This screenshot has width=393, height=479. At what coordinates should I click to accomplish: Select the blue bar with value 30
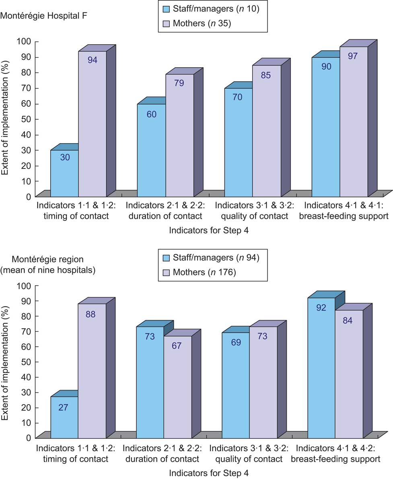(64, 173)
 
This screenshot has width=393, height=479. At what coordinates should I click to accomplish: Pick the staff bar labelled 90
(326, 127)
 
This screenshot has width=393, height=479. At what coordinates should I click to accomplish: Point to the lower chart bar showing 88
(92, 370)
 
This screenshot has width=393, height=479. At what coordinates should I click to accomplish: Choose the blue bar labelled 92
(321, 368)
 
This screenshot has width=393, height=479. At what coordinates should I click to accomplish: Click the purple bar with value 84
(349, 374)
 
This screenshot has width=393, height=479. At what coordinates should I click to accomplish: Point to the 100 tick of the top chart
(25, 41)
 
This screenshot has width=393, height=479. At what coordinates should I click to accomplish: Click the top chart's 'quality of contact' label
(252, 216)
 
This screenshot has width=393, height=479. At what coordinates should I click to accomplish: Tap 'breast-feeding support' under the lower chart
(338, 459)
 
